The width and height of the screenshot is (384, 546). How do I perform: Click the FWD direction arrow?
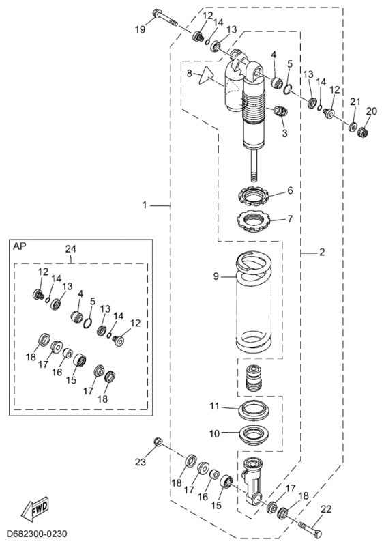click(x=35, y=507)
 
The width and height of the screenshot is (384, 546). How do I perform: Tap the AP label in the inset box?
click(x=20, y=246)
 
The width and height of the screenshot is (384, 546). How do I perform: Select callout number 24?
click(x=71, y=249)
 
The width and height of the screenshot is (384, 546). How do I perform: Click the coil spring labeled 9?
click(x=253, y=301)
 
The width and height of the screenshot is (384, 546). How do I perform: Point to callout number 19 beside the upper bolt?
click(x=141, y=29)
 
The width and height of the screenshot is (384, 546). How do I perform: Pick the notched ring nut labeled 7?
click(x=254, y=221)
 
